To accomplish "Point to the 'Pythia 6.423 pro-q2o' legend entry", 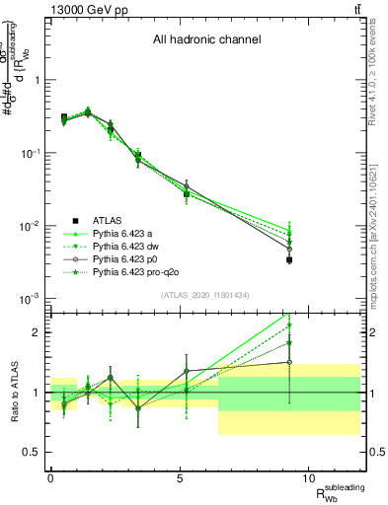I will point(138,269).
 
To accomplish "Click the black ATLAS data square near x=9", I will point(289,260).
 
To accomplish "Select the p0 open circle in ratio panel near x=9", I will point(289,362).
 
